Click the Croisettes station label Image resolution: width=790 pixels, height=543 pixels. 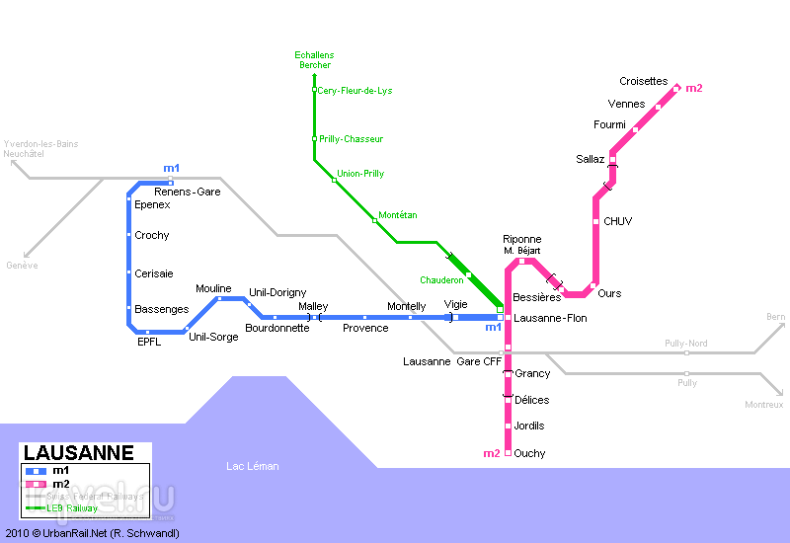[x=644, y=82]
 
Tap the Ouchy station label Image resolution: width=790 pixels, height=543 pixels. [x=530, y=454]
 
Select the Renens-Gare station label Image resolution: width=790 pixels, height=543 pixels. [x=188, y=192]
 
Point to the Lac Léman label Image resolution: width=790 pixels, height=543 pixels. [x=253, y=466]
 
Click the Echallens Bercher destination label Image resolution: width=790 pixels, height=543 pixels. [x=314, y=59]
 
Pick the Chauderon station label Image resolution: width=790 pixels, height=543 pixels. [x=441, y=280]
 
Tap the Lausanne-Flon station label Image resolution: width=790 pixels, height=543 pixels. [x=551, y=318]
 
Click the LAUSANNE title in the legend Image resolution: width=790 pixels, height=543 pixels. [x=78, y=454]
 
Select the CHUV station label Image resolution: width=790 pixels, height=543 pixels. [x=618, y=221]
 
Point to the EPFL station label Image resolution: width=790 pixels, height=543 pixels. [x=149, y=343]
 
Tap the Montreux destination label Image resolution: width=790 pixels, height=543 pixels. [x=764, y=405]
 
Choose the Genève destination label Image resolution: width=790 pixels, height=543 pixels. [x=22, y=266]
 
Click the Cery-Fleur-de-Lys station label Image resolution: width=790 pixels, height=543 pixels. [x=355, y=91]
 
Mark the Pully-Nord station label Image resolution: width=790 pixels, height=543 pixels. [x=686, y=344]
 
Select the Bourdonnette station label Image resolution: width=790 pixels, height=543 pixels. [x=277, y=328]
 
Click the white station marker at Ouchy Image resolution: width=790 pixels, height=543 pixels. [x=508, y=453]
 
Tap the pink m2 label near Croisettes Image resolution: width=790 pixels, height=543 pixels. [x=694, y=89]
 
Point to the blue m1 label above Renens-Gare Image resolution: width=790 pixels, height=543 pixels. [x=172, y=169]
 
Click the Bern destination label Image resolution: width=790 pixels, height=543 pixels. [x=775, y=317]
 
